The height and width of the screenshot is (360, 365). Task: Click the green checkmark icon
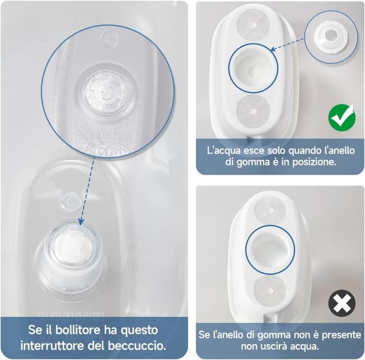342,119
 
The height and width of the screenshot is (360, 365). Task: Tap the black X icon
342,303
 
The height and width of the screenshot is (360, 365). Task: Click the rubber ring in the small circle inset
331,37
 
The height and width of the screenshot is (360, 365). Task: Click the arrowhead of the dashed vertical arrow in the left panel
81,222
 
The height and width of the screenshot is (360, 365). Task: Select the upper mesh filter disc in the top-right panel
253,25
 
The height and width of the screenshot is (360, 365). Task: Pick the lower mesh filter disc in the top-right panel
254,111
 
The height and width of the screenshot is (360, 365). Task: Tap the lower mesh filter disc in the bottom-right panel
270,290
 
